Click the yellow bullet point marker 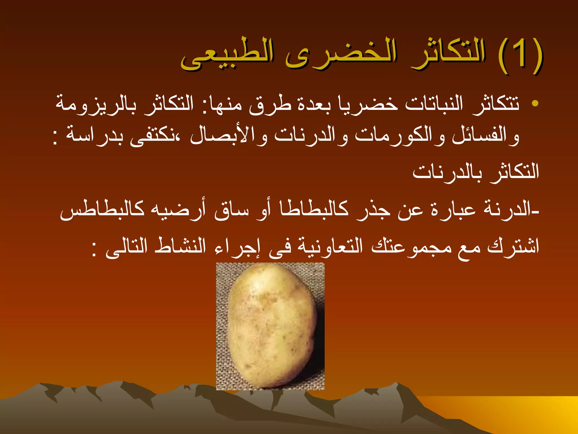point(534,103)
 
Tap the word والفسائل point(485,136)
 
